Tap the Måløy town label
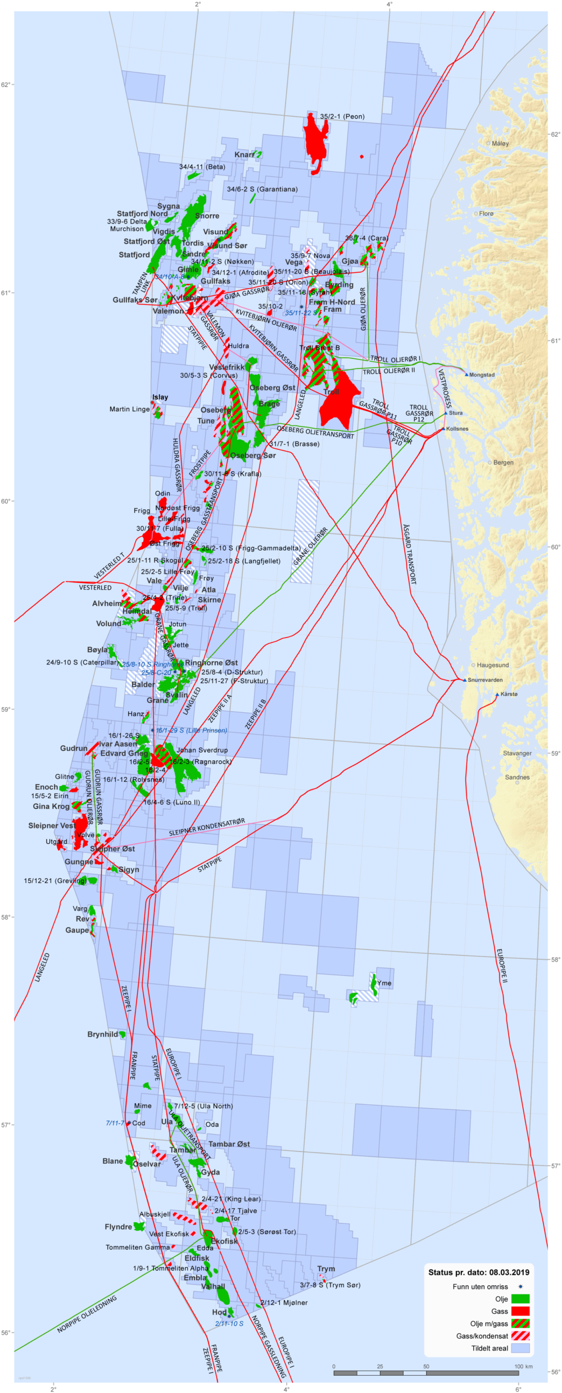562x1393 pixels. tap(500, 143)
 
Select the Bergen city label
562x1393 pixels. tap(503, 463)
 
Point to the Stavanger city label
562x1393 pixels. tap(517, 753)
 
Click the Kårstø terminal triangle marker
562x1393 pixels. tap(497, 695)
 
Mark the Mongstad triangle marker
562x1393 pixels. tap(466, 374)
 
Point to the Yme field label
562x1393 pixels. tap(384, 983)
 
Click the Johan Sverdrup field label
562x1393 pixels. tap(202, 750)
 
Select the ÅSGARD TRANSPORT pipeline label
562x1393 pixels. tap(410, 554)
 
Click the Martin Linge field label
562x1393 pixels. tap(129, 409)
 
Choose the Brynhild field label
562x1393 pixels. tap(103, 1034)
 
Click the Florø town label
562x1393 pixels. tap(486, 213)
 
